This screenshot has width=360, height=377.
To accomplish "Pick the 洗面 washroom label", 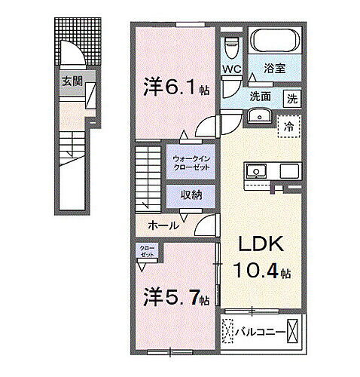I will tap(261, 97).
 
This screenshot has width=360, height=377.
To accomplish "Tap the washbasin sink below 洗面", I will tap(259, 116).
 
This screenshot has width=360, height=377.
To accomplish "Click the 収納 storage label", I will tap(191, 195).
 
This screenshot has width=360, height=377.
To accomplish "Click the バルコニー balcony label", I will tap(259, 332).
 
